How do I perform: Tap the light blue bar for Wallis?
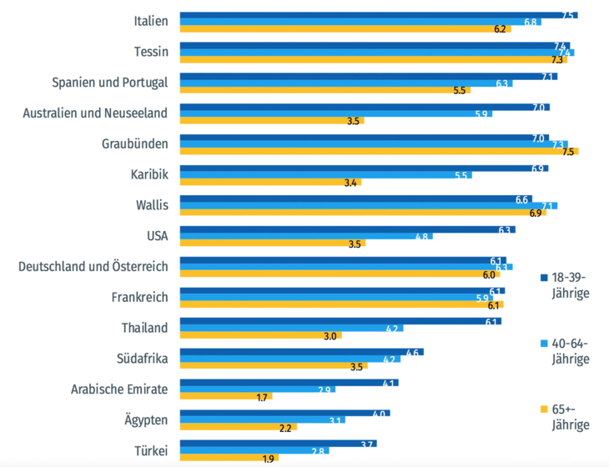coord(368,205)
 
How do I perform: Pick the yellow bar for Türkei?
coord(229,459)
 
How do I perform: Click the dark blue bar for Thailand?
coord(340,321)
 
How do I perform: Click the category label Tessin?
coord(151,52)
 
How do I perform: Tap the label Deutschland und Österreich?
coord(93,266)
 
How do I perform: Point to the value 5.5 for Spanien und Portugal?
coord(460,90)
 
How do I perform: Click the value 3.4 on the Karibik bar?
coord(350,182)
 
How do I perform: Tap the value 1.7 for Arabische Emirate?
coord(263,397)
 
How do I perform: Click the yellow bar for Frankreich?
coord(341,305)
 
